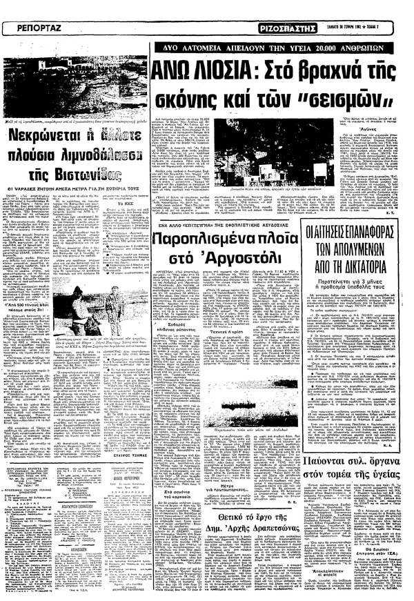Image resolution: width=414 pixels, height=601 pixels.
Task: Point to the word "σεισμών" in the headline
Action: click(337, 100)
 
